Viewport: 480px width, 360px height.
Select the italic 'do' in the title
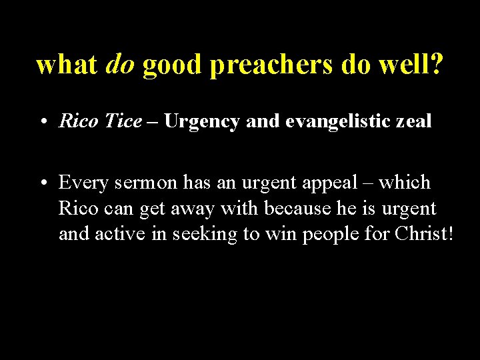121,65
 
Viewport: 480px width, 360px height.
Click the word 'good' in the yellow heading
173,66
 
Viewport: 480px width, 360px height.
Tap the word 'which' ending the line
406,182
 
